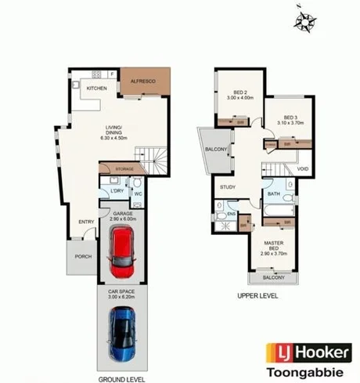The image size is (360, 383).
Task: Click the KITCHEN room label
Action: coord(96,89)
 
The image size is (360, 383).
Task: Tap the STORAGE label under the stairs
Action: coord(124,169)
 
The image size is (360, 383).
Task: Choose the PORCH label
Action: coord(81,256)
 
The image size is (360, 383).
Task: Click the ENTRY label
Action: coord(86,222)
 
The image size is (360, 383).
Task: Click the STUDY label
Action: coord(228,187)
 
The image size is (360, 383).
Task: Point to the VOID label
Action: coord(302,168)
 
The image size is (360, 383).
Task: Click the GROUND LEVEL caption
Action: coord(120,379)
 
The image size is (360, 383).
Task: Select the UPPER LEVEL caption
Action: coord(257,297)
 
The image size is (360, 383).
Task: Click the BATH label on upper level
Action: coord(274,194)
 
